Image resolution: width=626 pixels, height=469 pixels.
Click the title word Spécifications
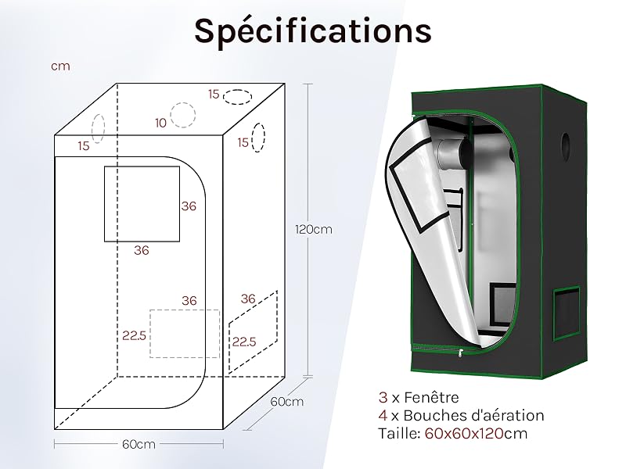(x=313, y=32)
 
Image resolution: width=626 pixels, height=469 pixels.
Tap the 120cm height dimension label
(x=314, y=230)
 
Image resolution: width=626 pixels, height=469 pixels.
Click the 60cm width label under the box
(x=139, y=444)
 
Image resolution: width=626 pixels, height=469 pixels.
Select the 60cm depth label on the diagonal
(x=286, y=402)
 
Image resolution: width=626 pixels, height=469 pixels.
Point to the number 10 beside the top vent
(x=160, y=123)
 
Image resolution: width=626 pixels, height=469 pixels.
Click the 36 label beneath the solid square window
(x=142, y=250)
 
